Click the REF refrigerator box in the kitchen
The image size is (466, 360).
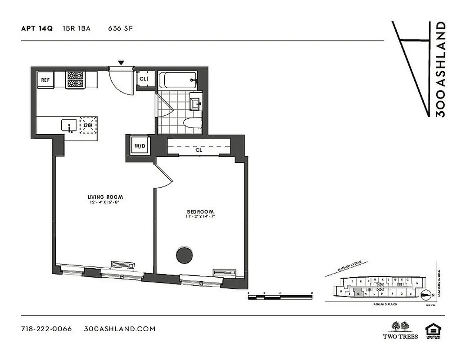[x=45, y=80]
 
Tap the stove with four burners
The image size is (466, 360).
[x=75, y=79]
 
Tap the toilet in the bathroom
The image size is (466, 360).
[x=193, y=122]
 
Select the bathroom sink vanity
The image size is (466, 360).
[x=196, y=103]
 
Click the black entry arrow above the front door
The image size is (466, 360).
[x=121, y=63]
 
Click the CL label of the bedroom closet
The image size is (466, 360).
[x=199, y=150]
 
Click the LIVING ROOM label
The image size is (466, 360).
[x=105, y=197]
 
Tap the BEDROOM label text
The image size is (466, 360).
[x=200, y=211]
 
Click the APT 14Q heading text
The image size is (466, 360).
[x=37, y=28]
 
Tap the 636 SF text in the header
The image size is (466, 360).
[x=120, y=28]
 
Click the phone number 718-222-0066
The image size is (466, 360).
[x=46, y=328]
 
